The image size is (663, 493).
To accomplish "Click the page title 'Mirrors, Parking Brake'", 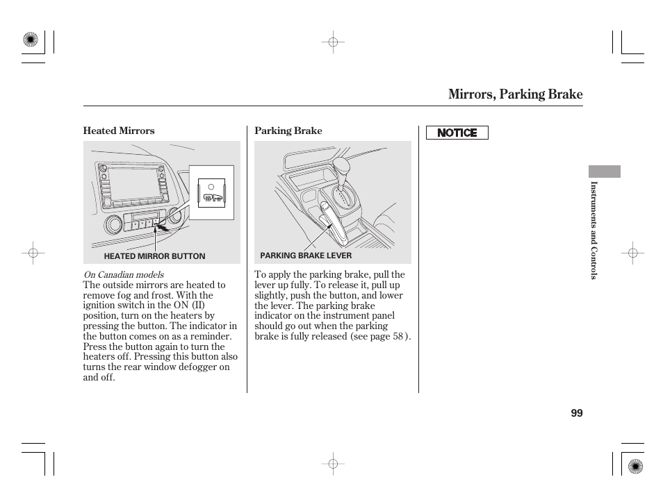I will point(515,94).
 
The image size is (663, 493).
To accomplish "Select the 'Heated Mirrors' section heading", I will point(119,131).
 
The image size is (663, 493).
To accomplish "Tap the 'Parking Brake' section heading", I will point(288,131).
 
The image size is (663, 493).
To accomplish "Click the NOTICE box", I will point(457,133).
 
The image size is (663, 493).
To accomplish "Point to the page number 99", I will point(576,413).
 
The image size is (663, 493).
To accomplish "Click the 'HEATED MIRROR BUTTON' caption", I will point(154,256).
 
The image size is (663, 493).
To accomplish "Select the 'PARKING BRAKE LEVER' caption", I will point(306,256).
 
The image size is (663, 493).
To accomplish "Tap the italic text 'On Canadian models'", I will point(123,275).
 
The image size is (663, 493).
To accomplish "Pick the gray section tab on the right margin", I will point(604,172).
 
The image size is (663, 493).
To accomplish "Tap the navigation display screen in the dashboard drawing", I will point(134,186).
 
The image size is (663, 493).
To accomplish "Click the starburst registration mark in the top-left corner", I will point(31,40).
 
